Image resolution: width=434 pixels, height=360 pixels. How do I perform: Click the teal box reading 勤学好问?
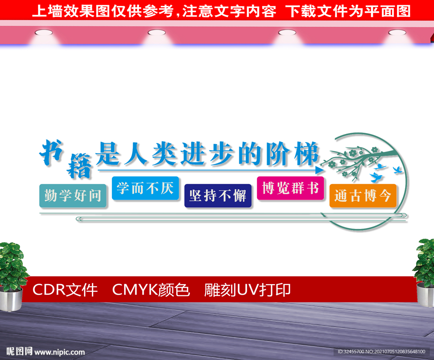(x=73, y=196)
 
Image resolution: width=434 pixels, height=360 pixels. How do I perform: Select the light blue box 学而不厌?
(x=145, y=188)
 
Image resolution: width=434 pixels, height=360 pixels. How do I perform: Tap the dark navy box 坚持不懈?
(x=218, y=196)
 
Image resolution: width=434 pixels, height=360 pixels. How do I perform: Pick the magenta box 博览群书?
(x=290, y=188)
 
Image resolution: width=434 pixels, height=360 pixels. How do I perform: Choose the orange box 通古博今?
(x=363, y=196)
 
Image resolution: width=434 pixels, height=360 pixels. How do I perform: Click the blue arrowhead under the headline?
(x=320, y=170)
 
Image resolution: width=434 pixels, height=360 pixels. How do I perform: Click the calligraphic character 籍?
(x=79, y=166)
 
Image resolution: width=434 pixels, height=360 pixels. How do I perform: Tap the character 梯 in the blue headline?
(x=307, y=153)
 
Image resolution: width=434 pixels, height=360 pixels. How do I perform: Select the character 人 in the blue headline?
(x=136, y=153)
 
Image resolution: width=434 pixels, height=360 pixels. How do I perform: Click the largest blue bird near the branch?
(x=376, y=177)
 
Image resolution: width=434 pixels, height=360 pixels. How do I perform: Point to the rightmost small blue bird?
(x=398, y=170)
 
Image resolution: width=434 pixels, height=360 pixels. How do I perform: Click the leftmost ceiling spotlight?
(x=44, y=33)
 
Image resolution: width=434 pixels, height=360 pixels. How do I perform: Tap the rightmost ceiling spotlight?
(x=397, y=33)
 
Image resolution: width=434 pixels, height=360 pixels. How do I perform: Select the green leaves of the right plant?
(x=425, y=262)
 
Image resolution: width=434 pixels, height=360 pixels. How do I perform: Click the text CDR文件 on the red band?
(x=65, y=290)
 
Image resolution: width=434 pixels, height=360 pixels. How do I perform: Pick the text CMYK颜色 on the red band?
(x=151, y=290)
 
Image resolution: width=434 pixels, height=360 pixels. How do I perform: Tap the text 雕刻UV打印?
(x=247, y=290)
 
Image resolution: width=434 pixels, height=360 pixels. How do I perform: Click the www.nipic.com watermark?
(x=59, y=352)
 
